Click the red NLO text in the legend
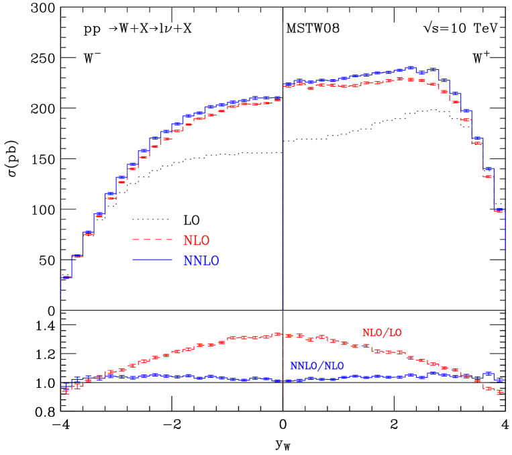[x=196, y=241]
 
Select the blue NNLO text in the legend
[x=201, y=261]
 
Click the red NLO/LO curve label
[x=382, y=333]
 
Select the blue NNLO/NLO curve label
[x=317, y=366]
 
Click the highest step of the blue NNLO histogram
[x=411, y=68]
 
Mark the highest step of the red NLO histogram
[x=411, y=79]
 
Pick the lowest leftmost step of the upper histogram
[x=66, y=277]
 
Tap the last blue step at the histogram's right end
[x=499, y=210]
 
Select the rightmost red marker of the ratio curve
[x=500, y=392]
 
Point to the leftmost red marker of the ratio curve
[x=66, y=389]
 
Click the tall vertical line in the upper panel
[x=283, y=201]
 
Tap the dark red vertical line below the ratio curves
[x=283, y=396]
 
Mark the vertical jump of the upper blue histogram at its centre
[x=283, y=92]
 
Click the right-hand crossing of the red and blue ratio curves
[x=472, y=376]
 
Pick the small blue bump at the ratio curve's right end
[x=489, y=373]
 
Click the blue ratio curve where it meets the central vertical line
[x=283, y=381]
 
